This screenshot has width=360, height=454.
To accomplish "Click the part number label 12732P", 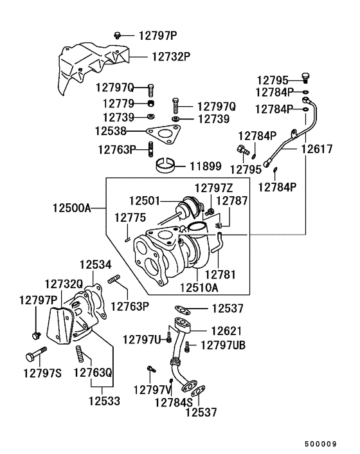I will (171, 57).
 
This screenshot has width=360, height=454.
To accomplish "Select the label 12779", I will (116, 103).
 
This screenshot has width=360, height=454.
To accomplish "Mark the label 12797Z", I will (213, 188).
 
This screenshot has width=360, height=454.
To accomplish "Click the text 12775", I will (130, 218).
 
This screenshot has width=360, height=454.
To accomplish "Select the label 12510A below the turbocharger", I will (201, 286).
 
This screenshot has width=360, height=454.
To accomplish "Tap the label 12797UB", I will (223, 345).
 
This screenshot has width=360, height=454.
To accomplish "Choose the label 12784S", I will (174, 402).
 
